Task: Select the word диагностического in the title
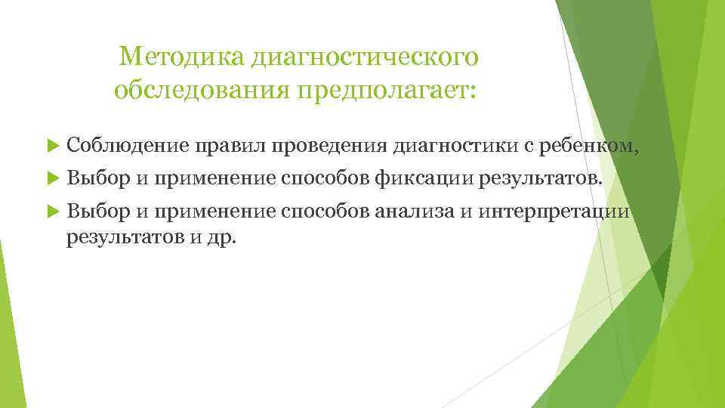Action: pos(366,56)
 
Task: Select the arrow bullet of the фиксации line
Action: pos(52,179)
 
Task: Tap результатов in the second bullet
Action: pos(535,178)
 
